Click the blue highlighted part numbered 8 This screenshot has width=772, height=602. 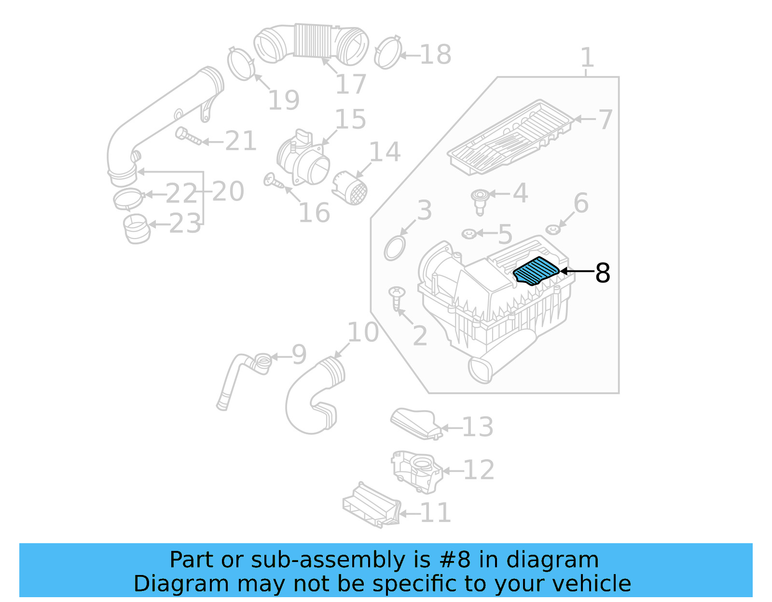click(536, 271)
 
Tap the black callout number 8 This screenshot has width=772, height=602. click(603, 273)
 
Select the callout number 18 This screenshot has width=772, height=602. click(435, 54)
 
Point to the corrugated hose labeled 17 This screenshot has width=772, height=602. click(311, 43)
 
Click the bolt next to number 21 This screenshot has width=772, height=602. click(188, 136)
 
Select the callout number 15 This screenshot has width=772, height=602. click(350, 119)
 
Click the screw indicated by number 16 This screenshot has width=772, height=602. click(274, 182)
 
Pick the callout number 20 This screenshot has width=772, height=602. click(228, 191)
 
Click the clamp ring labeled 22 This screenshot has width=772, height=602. click(128, 199)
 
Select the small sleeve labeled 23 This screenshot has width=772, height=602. click(137, 229)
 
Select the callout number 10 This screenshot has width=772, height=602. click(363, 332)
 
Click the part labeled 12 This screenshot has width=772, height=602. click(416, 471)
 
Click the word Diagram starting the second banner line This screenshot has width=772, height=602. click(180, 583)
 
